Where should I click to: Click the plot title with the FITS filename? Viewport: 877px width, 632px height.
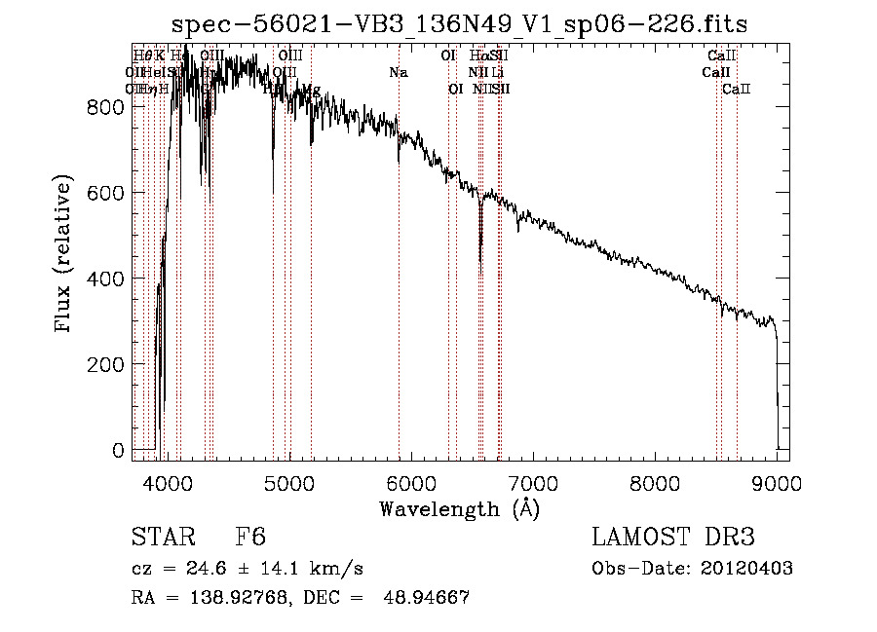[459, 25]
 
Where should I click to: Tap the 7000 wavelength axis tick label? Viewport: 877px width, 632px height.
[534, 480]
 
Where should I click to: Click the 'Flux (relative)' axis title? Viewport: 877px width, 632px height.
[65, 255]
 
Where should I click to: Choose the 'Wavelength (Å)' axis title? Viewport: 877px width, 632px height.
[459, 508]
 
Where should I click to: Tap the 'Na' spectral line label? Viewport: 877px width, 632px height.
[399, 73]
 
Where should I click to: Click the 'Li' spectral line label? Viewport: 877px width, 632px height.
[498, 73]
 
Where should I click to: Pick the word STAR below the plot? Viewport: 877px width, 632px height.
[161, 538]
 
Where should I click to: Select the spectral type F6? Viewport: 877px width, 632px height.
[250, 538]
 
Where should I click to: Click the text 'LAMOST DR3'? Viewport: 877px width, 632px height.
[672, 538]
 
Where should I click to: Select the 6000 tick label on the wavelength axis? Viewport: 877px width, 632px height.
[411, 480]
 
